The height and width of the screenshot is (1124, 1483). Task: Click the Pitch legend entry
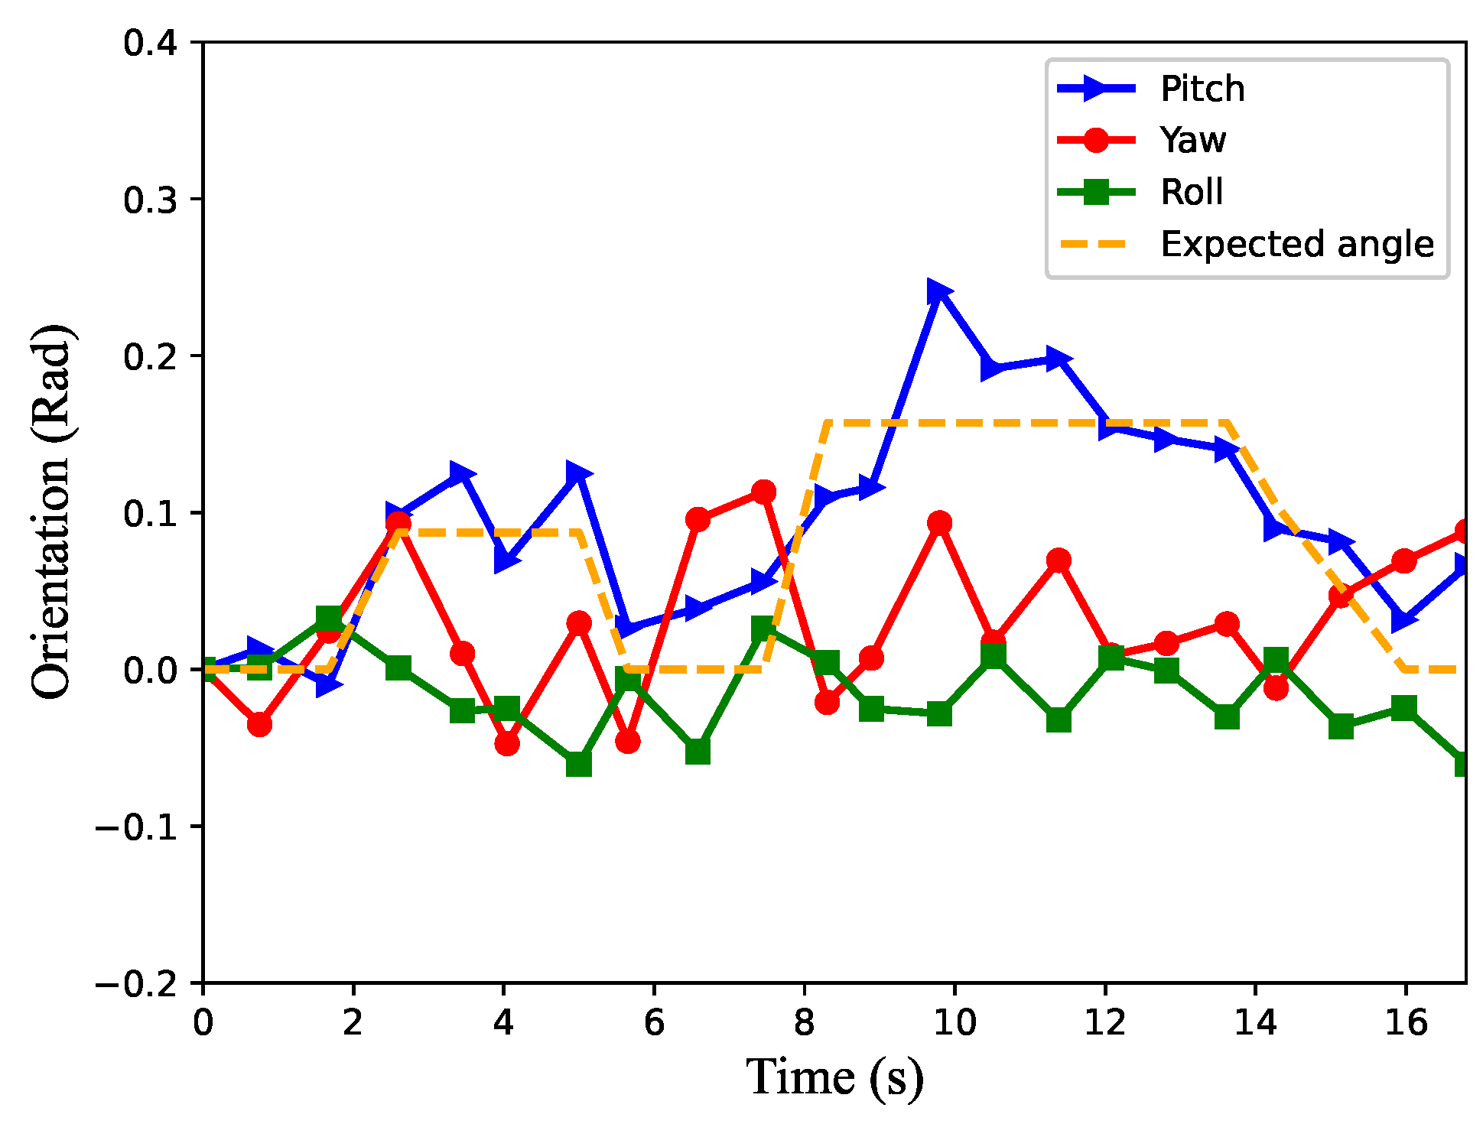[1202, 89]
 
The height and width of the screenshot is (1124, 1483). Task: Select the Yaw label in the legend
[1192, 140]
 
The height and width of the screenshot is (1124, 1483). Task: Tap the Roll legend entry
[1191, 192]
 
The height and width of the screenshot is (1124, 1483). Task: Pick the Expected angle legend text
[1296, 244]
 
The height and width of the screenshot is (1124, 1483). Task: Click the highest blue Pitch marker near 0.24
[938, 291]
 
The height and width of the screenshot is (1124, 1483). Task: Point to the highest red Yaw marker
[763, 492]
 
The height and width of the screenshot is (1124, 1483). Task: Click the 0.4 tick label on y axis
[151, 43]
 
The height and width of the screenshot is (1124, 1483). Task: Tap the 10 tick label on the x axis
[955, 1023]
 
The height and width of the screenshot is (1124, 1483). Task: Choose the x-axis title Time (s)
[834, 1078]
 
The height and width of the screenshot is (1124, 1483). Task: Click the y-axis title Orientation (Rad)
[52, 512]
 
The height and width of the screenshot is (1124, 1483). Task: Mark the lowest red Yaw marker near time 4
[506, 743]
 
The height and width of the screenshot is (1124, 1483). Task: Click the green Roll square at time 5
[579, 763]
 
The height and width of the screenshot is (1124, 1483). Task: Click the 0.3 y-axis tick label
[151, 200]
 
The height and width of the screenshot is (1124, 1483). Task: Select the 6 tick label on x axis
[654, 1023]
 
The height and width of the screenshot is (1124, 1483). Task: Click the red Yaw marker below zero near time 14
[1276, 688]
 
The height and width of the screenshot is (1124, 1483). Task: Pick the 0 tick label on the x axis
[203, 1023]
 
